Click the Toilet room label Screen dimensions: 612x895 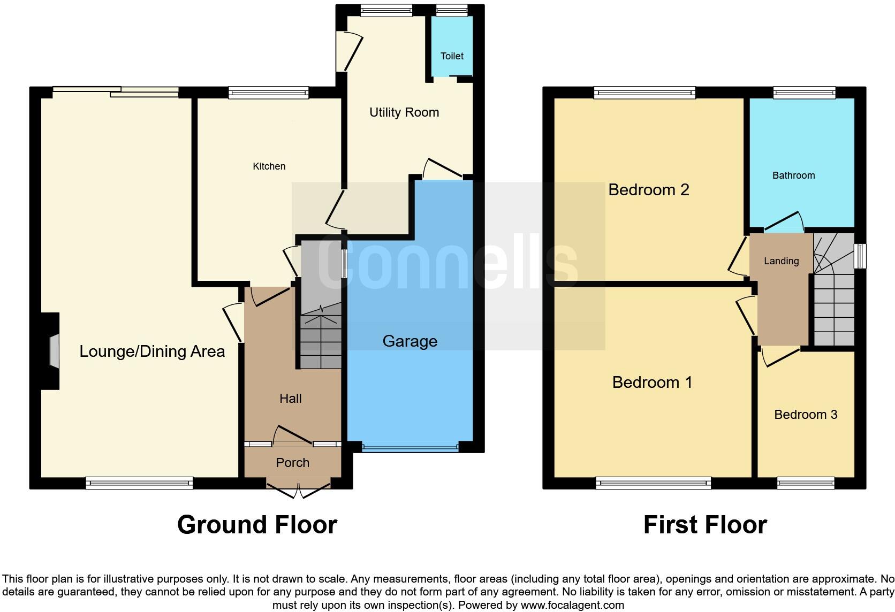pyautogui.click(x=452, y=56)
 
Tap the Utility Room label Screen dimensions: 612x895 pyautogui.click(x=404, y=112)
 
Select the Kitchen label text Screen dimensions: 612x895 pyautogui.click(x=269, y=166)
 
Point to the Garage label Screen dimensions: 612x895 pyautogui.click(x=409, y=341)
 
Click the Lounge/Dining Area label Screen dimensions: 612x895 pyautogui.click(x=152, y=351)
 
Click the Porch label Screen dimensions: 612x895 pyautogui.click(x=292, y=463)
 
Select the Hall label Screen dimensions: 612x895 pyautogui.click(x=290, y=399)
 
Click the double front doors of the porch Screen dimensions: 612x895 pyautogui.click(x=299, y=489)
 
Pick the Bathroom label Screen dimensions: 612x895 pyautogui.click(x=793, y=175)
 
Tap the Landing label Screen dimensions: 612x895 pyautogui.click(x=781, y=261)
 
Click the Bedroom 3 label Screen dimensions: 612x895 pyautogui.click(x=806, y=415)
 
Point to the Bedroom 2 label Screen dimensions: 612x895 pyautogui.click(x=648, y=190)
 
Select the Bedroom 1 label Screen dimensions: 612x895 pyautogui.click(x=652, y=382)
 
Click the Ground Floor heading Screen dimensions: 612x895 pyautogui.click(x=257, y=525)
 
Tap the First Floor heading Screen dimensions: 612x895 pyautogui.click(x=705, y=525)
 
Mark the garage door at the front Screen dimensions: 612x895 pyautogui.click(x=410, y=447)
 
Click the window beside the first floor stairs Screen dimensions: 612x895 pyautogui.click(x=860, y=256)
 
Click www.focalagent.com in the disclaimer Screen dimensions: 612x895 pyautogui.click(x=572, y=605)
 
